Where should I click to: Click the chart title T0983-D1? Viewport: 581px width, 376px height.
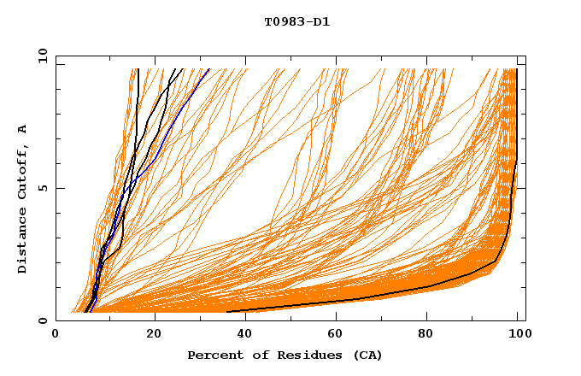(296, 22)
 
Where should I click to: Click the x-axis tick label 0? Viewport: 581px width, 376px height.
(56, 336)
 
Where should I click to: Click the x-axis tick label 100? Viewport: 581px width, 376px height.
(519, 336)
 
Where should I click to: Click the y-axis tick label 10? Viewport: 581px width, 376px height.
(42, 55)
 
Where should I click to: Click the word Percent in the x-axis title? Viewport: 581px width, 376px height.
(213, 355)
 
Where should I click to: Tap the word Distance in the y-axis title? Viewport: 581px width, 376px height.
(23, 240)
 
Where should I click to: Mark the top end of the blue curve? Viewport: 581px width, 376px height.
(208, 69)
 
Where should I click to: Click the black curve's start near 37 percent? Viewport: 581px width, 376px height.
(227, 312)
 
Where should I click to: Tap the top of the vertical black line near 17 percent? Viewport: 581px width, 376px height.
(138, 69)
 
